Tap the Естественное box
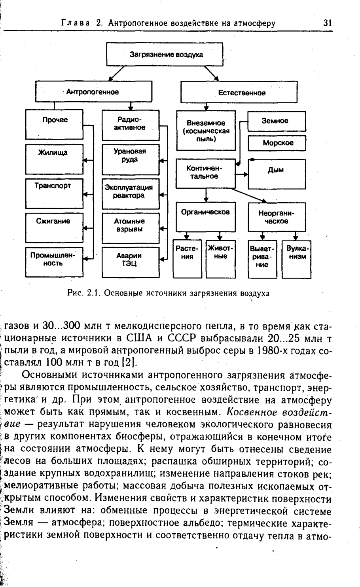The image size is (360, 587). (x=239, y=93)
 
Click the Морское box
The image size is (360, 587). (x=277, y=143)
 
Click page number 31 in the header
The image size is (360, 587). (x=327, y=23)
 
